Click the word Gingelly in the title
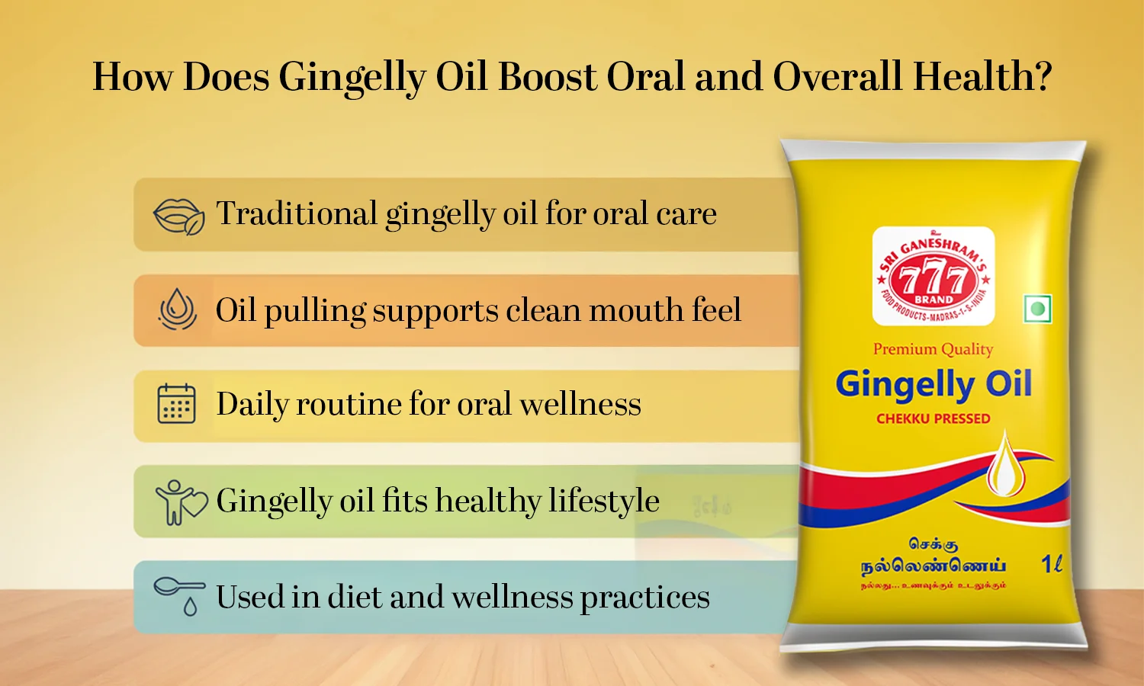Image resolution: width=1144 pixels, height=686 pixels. click(352, 78)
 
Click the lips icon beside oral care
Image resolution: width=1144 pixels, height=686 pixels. click(178, 216)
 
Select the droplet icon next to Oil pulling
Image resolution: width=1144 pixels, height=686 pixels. click(178, 309)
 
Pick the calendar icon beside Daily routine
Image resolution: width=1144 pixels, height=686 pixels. click(176, 404)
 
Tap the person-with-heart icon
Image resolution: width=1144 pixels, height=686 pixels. click(180, 502)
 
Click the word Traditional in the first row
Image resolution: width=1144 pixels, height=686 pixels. click(297, 213)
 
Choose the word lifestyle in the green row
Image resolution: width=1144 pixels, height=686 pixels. click(603, 501)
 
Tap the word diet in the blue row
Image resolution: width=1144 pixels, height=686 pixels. click(354, 597)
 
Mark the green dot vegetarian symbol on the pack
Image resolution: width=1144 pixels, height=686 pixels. click(1036, 309)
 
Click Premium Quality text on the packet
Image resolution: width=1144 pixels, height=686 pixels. click(933, 349)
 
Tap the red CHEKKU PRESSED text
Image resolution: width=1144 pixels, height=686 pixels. click(933, 418)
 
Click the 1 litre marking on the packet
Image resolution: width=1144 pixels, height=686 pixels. click(1052, 564)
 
